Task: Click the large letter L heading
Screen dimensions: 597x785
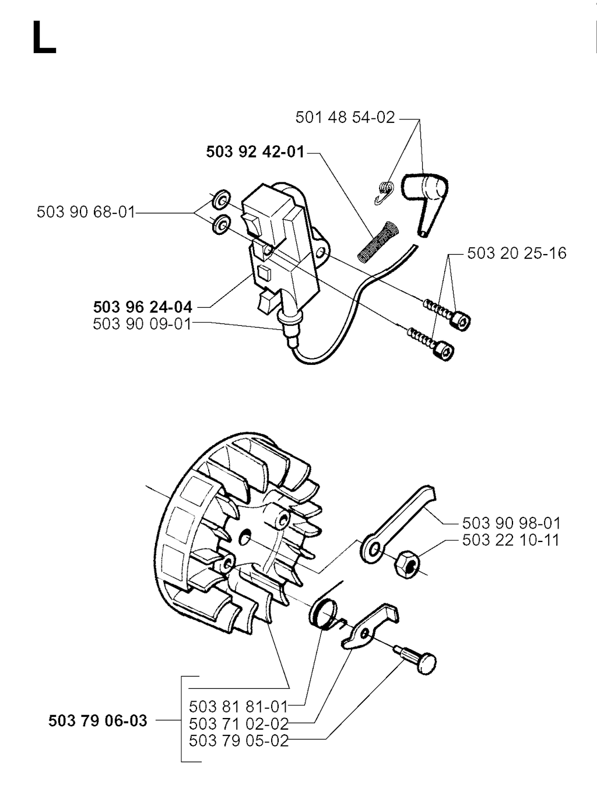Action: tap(44, 37)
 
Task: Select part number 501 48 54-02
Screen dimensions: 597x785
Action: tap(345, 118)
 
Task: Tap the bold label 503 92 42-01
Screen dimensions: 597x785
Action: tap(255, 152)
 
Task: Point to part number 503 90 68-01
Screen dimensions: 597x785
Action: tap(86, 213)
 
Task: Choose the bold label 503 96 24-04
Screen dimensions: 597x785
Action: tap(143, 307)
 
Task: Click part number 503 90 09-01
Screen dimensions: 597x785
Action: tap(142, 325)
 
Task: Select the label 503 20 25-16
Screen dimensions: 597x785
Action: tap(517, 254)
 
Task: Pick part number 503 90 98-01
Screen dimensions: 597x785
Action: tap(511, 523)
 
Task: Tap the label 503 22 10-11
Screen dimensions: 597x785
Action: tap(511, 540)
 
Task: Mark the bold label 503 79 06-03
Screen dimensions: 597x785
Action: tap(97, 721)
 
